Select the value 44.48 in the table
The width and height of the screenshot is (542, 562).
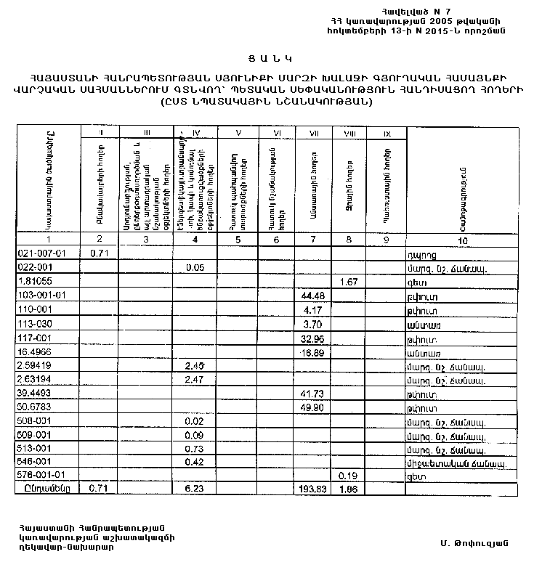[313, 295]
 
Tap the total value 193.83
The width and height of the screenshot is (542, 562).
[313, 489]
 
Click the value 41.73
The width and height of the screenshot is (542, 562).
[313, 393]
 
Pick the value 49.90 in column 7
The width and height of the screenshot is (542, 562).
[313, 407]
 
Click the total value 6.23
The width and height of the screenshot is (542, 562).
[194, 489]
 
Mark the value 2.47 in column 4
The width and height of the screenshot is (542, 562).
[194, 378]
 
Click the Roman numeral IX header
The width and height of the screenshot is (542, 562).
[387, 133]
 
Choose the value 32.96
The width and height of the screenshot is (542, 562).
[313, 337]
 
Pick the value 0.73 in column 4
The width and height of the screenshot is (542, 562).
[194, 448]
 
